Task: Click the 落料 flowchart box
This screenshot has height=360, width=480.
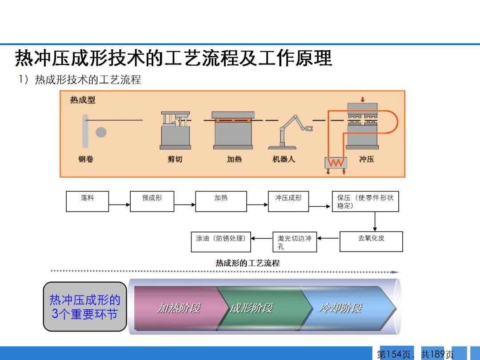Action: click(x=87, y=201)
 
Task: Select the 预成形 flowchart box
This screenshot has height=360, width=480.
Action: click(x=152, y=201)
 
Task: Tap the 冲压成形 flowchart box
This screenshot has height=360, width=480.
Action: click(x=288, y=201)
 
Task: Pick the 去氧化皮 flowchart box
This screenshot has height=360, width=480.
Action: click(x=371, y=241)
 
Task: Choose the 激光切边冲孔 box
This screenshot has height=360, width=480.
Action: click(x=294, y=242)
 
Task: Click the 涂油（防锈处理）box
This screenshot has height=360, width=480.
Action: click(x=221, y=242)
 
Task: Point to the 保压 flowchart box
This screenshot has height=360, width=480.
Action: click(x=365, y=201)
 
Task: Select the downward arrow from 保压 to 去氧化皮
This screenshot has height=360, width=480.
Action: click(x=375, y=221)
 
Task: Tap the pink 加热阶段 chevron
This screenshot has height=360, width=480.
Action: click(x=178, y=308)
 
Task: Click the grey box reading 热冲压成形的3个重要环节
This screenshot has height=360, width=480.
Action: click(x=84, y=307)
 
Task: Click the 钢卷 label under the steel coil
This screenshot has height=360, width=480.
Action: click(x=86, y=159)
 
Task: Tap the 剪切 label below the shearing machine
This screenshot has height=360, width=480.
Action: click(x=175, y=159)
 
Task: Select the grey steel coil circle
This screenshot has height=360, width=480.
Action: click(x=101, y=132)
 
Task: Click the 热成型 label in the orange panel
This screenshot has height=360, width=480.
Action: click(x=83, y=100)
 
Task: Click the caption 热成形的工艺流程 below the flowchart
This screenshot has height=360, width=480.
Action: click(x=248, y=263)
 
